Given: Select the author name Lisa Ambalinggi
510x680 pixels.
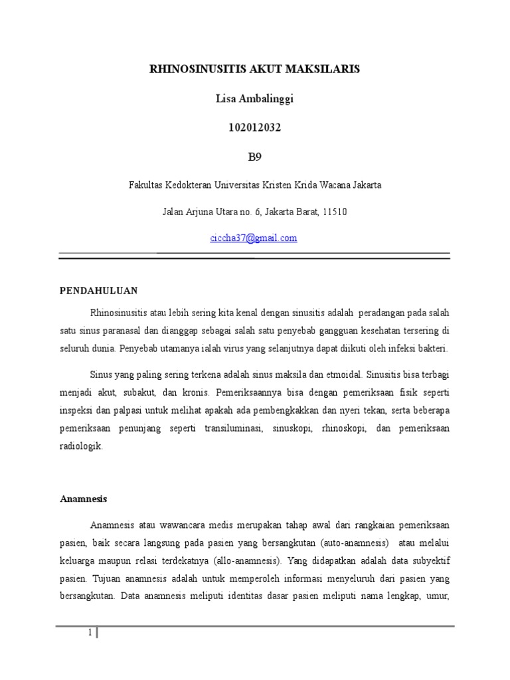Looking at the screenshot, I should (x=254, y=99).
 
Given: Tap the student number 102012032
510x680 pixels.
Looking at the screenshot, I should (x=254, y=128).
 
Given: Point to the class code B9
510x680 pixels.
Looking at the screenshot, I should (x=254, y=157).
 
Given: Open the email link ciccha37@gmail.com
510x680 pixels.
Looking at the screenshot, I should (x=254, y=238).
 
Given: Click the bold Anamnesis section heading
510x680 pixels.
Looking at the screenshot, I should (x=84, y=498).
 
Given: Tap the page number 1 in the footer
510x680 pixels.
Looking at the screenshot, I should (x=90, y=633).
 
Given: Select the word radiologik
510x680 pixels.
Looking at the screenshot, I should (x=82, y=447).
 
